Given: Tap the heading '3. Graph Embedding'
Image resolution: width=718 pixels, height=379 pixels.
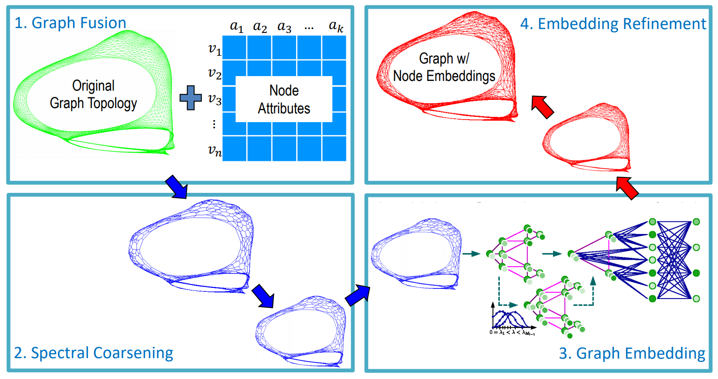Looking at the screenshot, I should point(632,353).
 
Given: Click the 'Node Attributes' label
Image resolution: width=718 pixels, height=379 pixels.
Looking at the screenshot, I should point(284,99).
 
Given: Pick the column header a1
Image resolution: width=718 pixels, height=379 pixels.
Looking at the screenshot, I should point(236,28).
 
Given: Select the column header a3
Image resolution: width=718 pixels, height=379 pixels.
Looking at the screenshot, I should point(284,28).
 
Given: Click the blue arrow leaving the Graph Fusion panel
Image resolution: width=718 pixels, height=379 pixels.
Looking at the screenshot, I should point(178,187).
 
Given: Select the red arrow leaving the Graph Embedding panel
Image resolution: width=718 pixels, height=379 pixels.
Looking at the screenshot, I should point(626,188).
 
